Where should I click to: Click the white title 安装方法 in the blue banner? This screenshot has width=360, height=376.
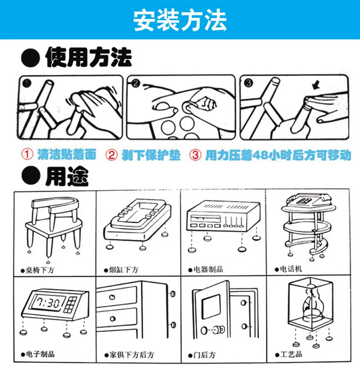coord(180,20)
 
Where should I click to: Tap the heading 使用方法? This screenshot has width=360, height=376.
coord(88,57)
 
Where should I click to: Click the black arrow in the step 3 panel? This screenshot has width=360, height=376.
coord(316,85)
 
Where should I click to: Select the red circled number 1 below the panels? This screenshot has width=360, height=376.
coord(27,154)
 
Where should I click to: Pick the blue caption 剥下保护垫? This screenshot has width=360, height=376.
coord(151,155)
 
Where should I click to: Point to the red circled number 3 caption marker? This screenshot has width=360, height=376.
coord(195,155)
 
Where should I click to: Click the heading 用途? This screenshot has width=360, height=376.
coord(67,176)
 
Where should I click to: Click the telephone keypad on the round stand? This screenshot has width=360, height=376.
coord(303,200)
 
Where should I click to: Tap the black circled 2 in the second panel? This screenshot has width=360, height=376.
coord(135,83)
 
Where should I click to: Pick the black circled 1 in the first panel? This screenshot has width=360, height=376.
coord(26,83)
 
